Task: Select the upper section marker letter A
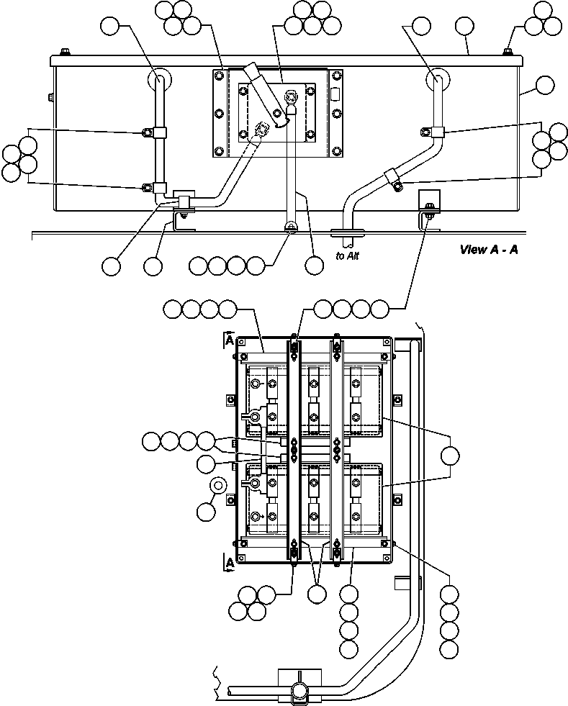point(229,340)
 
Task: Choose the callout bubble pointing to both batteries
point(450,456)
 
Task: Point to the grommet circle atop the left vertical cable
point(158,78)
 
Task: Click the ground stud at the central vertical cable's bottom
point(290,227)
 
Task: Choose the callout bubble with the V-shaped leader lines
point(317,594)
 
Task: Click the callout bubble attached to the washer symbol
point(206,512)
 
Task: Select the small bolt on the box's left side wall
point(49,97)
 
